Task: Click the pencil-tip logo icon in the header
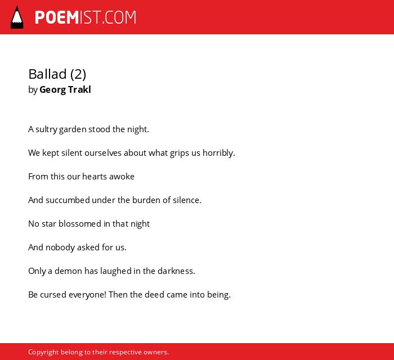point(17,17)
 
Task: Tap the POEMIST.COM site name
point(86,17)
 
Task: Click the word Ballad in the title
point(47,74)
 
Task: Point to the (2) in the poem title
point(78,74)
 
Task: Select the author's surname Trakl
point(79,89)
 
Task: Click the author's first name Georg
point(53,90)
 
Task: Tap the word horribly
point(219,153)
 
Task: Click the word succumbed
point(68,200)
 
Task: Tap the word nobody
point(60,247)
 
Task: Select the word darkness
point(176,271)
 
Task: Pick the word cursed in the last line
point(53,295)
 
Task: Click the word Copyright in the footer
point(43,352)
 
